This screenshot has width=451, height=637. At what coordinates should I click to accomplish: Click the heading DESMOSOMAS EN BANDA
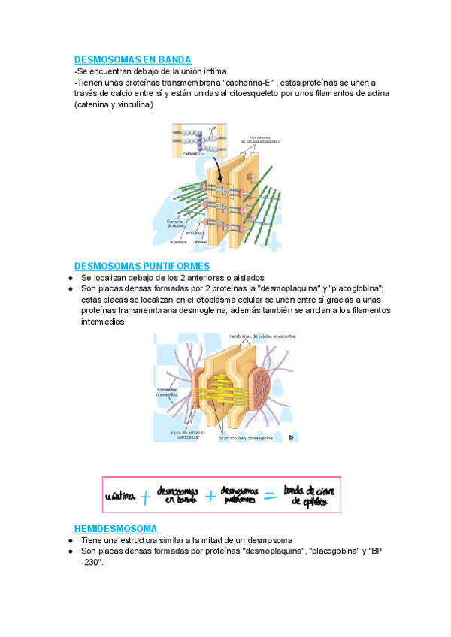(132, 59)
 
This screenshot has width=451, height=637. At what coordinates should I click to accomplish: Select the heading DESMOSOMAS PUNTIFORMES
(142, 266)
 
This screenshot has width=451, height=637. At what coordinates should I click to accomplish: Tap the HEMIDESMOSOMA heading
(116, 527)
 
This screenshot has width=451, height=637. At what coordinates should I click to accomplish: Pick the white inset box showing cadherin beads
(197, 140)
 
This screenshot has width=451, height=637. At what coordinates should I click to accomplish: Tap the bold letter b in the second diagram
(290, 436)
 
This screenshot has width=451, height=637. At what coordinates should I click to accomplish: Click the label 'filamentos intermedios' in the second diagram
(166, 392)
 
